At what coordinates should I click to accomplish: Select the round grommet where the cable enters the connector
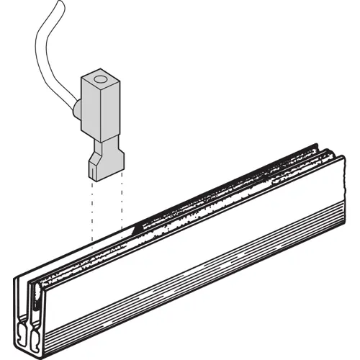click(76, 110)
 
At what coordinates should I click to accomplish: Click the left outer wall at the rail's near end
click(20, 302)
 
